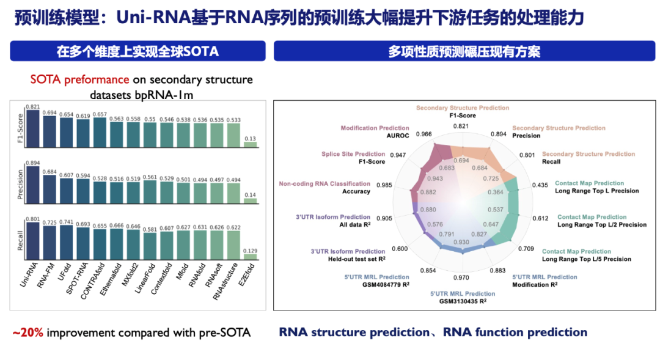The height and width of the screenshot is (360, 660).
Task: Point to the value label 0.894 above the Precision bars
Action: click(x=32, y=163)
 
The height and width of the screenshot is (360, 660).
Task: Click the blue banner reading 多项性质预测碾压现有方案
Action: click(x=464, y=51)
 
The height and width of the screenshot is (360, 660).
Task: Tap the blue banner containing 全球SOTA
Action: click(x=137, y=51)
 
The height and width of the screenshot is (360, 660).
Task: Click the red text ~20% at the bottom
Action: click(x=28, y=333)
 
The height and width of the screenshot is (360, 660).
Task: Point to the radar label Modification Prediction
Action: click(x=375, y=128)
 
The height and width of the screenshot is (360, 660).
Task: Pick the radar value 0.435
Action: click(x=540, y=185)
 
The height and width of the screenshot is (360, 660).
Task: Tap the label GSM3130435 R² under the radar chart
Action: click(x=463, y=301)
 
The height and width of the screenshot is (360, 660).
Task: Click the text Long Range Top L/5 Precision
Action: click(x=587, y=259)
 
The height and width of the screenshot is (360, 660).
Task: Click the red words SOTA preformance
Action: click(x=79, y=79)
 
